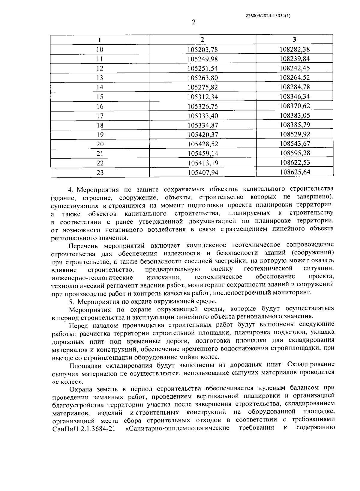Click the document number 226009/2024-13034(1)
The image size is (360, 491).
point(268,16)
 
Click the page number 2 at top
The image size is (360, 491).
point(193,22)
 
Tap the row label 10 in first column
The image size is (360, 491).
point(100,49)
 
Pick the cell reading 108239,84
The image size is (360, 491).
point(295,59)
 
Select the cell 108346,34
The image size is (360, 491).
point(295,97)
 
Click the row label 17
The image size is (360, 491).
point(100,116)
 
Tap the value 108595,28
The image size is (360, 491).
point(295,153)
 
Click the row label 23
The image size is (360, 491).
point(100,173)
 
